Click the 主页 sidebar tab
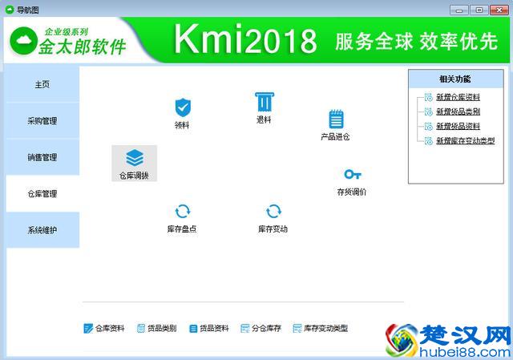(42, 85)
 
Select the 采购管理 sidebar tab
(42, 121)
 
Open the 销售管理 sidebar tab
(42, 157)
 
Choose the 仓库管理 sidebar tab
(42, 193)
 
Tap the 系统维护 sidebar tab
(42, 230)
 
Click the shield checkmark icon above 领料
(183, 107)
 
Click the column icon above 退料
(263, 102)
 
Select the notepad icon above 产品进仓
(336, 119)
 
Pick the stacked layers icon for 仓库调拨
(135, 157)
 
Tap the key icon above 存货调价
(352, 174)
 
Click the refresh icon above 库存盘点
(183, 212)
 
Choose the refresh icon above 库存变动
(273, 212)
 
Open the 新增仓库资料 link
(458, 98)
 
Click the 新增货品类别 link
(458, 111)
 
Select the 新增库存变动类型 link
(465, 140)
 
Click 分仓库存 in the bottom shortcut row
(266, 329)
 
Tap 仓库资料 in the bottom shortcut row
(110, 329)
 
